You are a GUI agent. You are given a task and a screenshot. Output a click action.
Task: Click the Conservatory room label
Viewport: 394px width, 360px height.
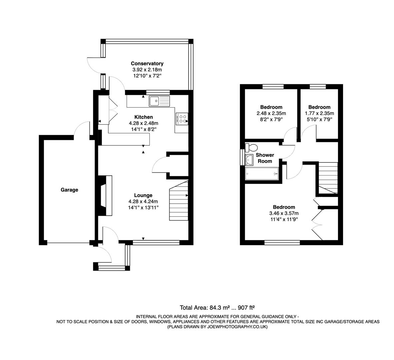point(147,63)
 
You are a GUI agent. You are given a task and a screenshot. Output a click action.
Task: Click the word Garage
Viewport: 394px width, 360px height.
point(69,190)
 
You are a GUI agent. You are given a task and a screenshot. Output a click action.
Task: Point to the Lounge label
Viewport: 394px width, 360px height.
point(143,195)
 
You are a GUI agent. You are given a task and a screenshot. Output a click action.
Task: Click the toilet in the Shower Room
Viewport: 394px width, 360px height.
point(251,147)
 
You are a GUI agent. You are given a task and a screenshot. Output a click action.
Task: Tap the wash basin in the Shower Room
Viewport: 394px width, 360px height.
point(249,160)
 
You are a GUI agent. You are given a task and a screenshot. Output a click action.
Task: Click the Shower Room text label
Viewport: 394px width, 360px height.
point(265,158)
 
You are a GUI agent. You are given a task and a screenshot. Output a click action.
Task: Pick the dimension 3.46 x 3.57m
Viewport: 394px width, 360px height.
point(284,213)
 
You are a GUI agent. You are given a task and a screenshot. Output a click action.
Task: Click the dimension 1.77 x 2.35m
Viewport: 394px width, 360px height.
point(319,113)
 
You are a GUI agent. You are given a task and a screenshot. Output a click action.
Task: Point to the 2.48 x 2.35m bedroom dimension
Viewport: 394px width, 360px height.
point(271,113)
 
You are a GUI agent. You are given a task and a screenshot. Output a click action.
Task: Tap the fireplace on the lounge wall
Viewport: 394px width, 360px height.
point(105,195)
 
